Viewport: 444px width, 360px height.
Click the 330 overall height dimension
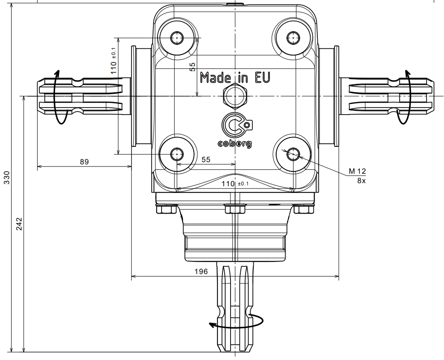click(7, 178)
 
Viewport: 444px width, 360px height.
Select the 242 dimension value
click(19, 224)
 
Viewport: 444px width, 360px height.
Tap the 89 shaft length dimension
click(85, 162)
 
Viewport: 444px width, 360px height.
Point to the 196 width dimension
click(201, 271)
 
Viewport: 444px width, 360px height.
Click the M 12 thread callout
click(357, 171)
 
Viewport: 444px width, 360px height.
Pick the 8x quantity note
click(361, 181)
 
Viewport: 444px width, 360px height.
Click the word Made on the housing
click(215, 77)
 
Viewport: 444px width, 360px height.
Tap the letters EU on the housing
click(262, 77)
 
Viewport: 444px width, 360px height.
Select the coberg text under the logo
click(235, 144)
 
